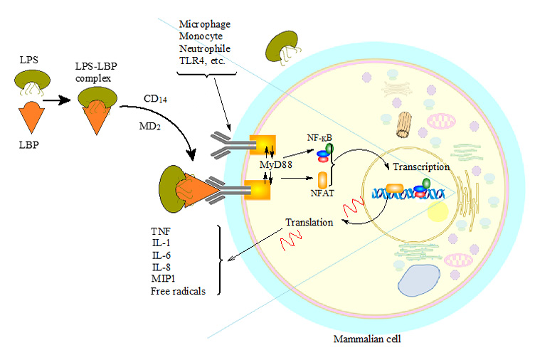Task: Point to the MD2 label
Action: pos(152,126)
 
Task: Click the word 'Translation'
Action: pos(309,222)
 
